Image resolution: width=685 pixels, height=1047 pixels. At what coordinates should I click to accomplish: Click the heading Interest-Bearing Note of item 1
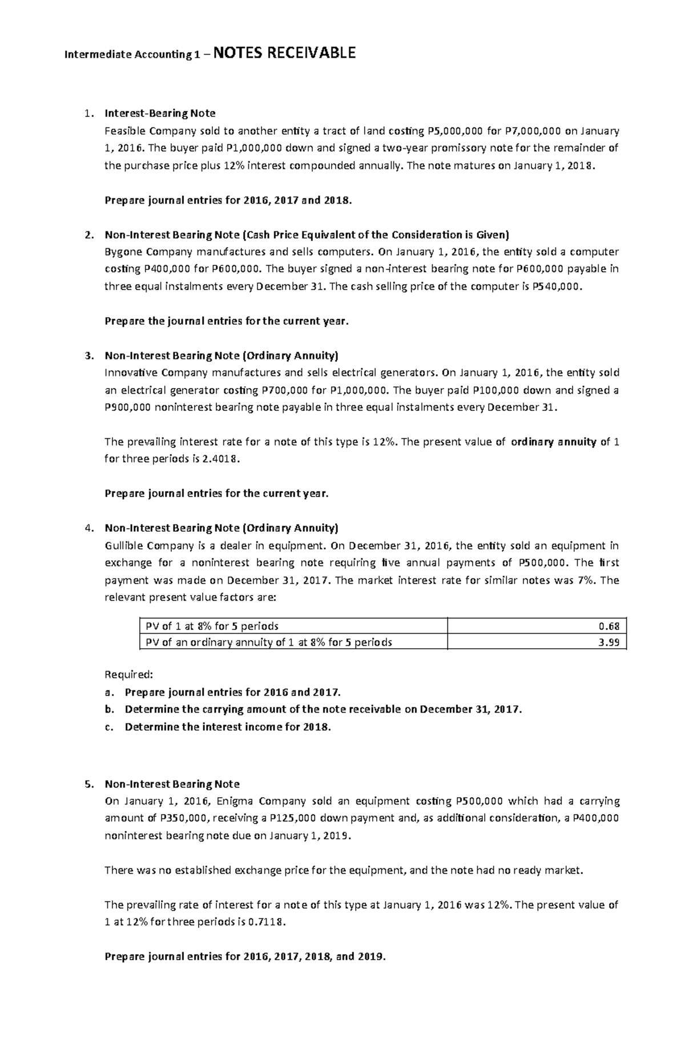pyautogui.click(x=160, y=114)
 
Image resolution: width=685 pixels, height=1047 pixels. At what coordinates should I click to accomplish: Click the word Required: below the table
pyautogui.click(x=129, y=675)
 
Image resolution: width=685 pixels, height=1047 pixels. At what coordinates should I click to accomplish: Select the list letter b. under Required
pyautogui.click(x=109, y=710)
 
